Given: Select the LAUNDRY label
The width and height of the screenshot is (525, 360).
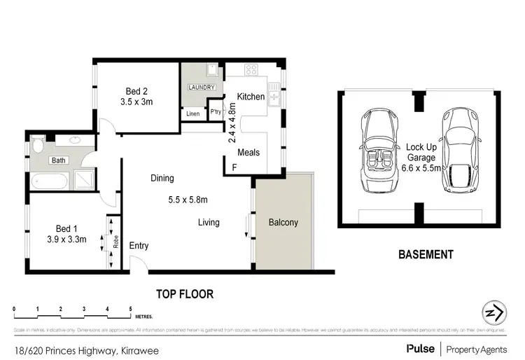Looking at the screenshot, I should point(199,88).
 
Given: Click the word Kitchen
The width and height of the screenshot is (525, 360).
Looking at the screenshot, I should point(251,97).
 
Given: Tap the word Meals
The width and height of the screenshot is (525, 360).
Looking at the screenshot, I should point(248,152).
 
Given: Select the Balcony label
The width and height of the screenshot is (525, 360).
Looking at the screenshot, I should point(283,223).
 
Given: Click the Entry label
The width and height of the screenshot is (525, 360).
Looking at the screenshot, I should point(139,246).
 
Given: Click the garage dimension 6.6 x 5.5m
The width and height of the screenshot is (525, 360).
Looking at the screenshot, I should point(422,169).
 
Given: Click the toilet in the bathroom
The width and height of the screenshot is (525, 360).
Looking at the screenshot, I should point(39,146).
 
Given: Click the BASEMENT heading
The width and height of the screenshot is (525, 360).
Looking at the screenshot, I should point(426,255).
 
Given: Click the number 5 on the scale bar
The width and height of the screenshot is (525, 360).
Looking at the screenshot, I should point(130,309).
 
